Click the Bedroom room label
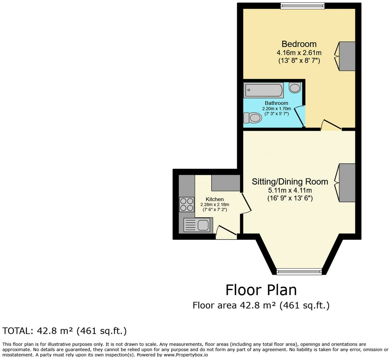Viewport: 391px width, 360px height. [x=299, y=44]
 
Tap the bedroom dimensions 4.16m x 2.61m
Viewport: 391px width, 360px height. [x=299, y=53]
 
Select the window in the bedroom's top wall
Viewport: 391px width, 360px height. [x=302, y=6]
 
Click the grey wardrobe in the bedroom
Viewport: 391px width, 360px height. [x=347, y=56]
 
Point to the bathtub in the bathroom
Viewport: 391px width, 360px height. [x=264, y=90]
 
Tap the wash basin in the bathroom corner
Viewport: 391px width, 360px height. [x=295, y=87]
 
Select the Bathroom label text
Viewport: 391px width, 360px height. [x=276, y=103]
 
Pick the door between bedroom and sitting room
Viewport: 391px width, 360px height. [x=331, y=125]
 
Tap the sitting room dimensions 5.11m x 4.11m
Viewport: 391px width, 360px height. [x=290, y=190]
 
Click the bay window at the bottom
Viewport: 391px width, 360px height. [x=299, y=272]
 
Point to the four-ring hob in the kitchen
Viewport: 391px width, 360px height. [x=187, y=205]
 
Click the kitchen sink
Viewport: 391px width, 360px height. [x=197, y=225]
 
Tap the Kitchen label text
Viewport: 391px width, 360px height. [x=215, y=199]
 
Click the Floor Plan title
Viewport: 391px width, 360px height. [x=261, y=290]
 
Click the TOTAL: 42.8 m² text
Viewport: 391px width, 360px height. [x=65, y=331]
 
